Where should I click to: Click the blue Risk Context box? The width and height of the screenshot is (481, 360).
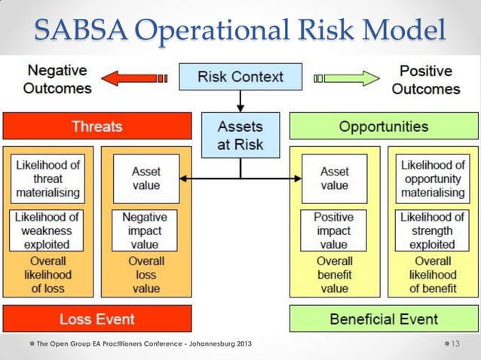tap(240, 76)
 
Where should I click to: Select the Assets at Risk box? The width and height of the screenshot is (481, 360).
tap(240, 133)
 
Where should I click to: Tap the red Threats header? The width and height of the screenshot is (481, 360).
tap(97, 126)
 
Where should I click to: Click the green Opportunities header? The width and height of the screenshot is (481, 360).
tap(383, 126)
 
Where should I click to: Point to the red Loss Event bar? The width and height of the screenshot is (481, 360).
tap(97, 319)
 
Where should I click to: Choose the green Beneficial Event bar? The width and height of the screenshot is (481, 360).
tap(383, 319)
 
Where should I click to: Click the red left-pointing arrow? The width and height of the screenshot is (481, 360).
tap(133, 78)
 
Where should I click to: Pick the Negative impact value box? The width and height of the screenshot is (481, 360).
tap(146, 230)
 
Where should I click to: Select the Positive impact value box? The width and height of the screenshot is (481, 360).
tap(334, 230)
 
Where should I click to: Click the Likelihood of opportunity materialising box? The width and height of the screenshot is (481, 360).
tap(433, 178)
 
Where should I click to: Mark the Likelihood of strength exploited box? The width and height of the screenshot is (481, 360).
tap(433, 230)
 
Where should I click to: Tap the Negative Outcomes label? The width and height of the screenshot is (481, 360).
tap(57, 80)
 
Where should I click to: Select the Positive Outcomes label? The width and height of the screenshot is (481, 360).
tap(425, 80)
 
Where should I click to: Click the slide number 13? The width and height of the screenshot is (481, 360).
tap(455, 344)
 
